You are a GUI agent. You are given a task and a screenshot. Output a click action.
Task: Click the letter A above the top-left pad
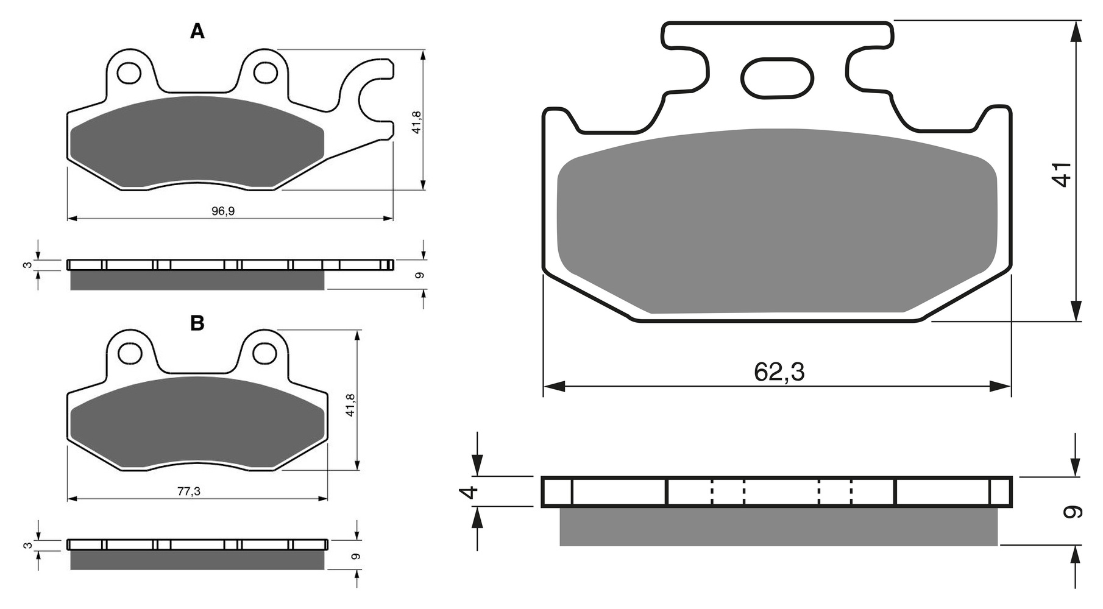pyautogui.click(x=197, y=31)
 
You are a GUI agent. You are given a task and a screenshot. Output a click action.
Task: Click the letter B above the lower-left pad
pyautogui.click(x=197, y=323)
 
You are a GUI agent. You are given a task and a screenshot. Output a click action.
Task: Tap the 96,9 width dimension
pyautogui.click(x=223, y=211)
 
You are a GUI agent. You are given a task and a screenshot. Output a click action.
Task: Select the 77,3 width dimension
pyautogui.click(x=189, y=491)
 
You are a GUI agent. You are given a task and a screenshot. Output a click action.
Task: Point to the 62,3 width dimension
pyautogui.click(x=779, y=371)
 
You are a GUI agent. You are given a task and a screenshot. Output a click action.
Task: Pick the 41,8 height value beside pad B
pyautogui.click(x=350, y=405)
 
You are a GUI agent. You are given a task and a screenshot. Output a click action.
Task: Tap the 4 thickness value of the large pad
pyautogui.click(x=468, y=492)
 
